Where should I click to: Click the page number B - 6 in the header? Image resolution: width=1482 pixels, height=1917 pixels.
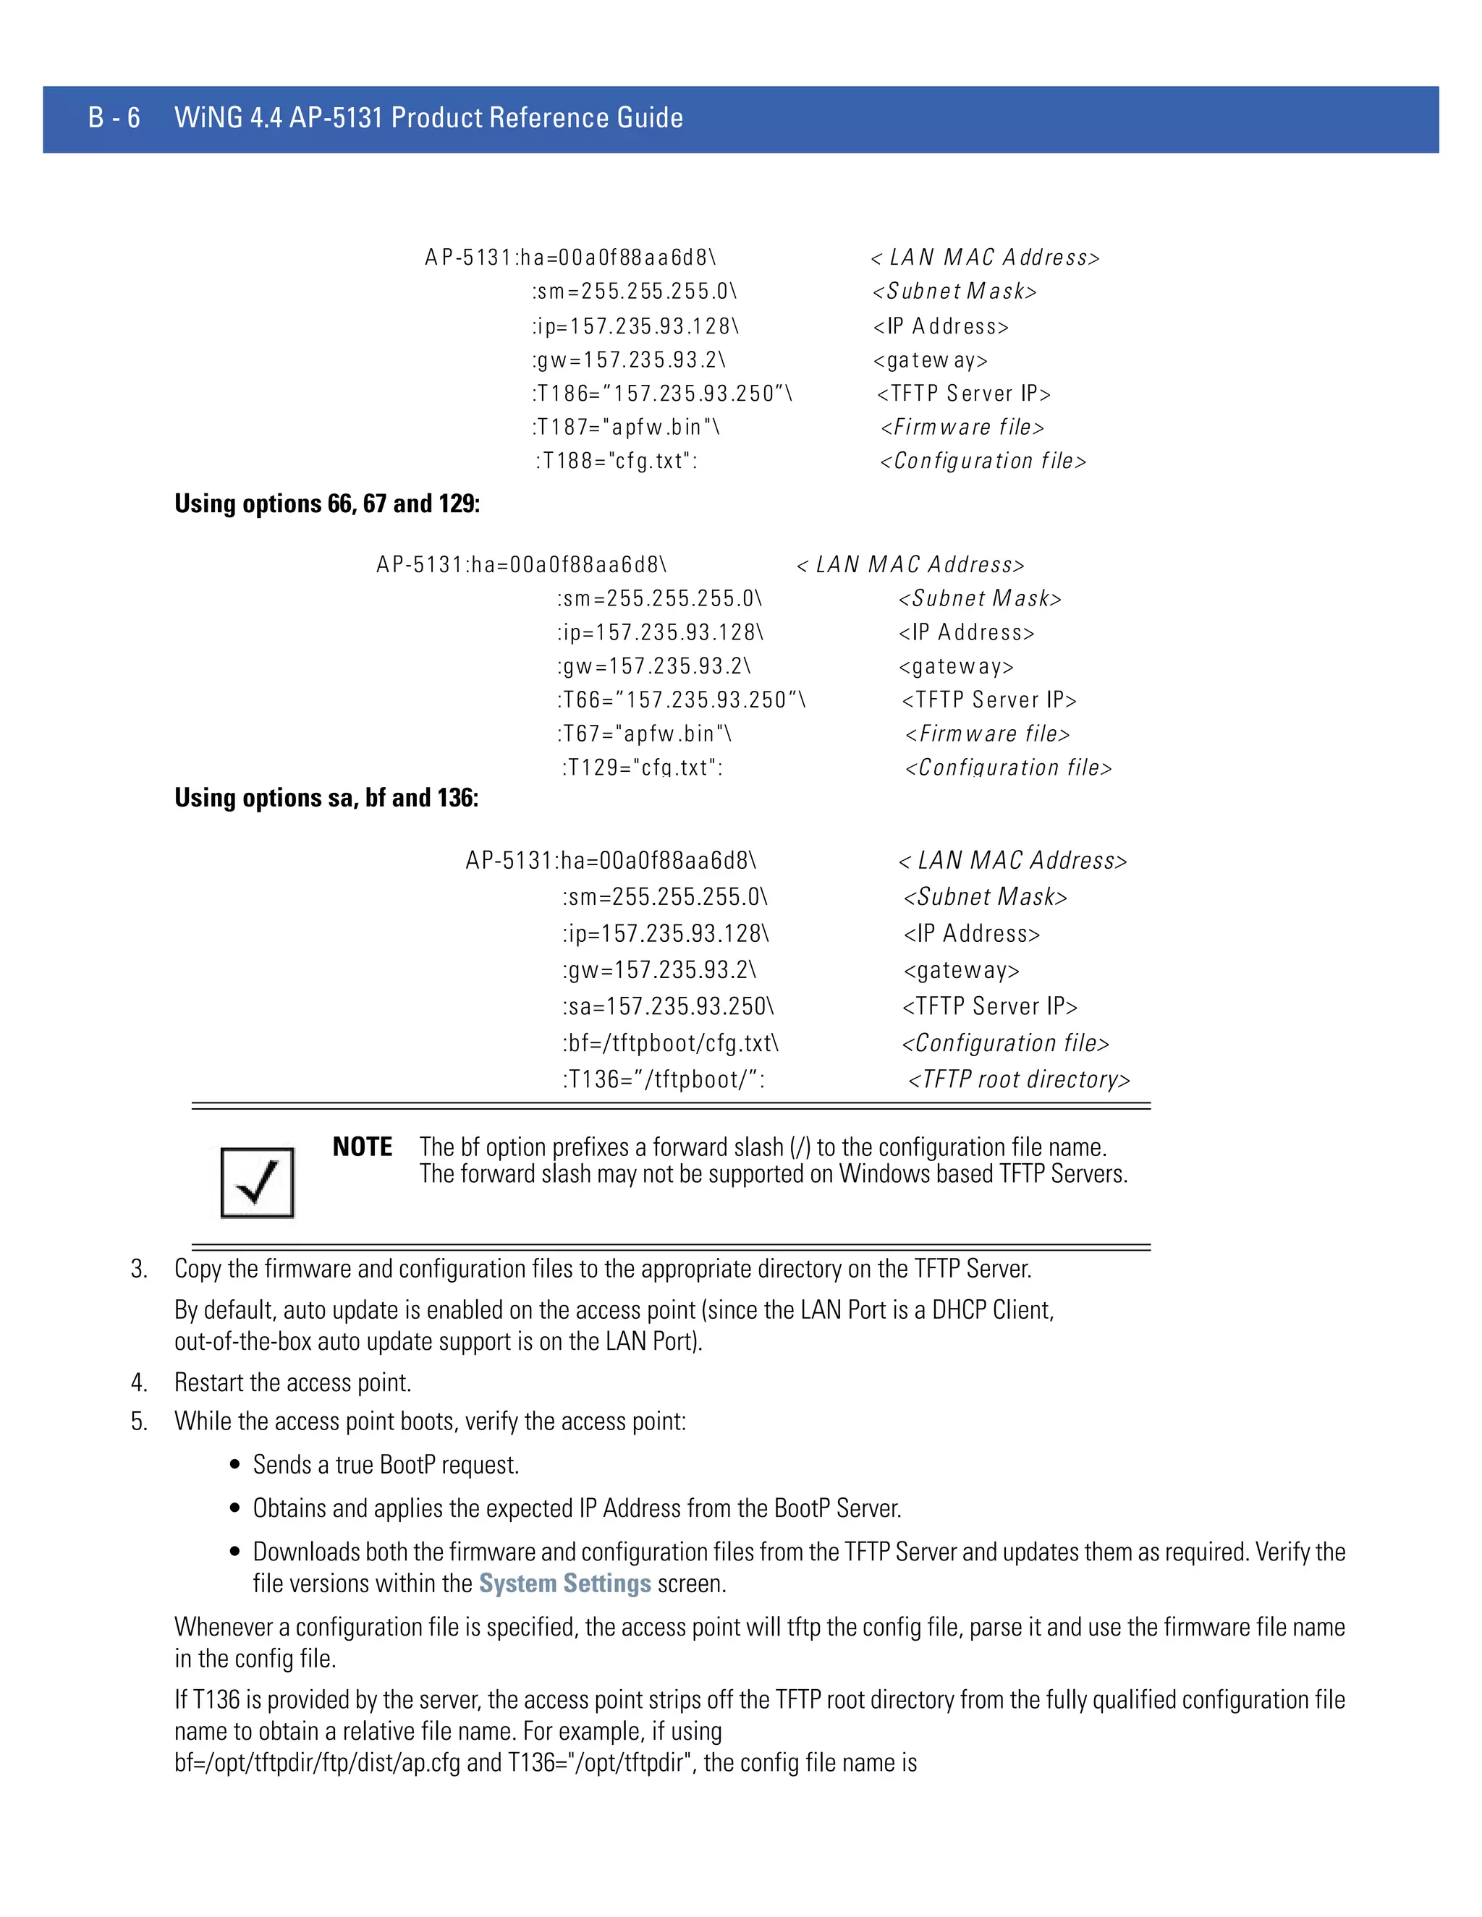pos(114,118)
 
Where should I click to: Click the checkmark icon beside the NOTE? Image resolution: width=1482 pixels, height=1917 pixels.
pos(257,1181)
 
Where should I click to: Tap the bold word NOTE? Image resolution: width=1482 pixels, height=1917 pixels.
pos(362,1147)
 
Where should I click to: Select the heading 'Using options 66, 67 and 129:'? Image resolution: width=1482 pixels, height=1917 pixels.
pos(326,503)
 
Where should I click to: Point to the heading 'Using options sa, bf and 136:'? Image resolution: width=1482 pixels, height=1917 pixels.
pos(326,798)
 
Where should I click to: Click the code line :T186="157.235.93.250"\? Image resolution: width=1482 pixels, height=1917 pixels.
pos(662,394)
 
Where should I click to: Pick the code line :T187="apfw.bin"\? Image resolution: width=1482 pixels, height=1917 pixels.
pos(626,428)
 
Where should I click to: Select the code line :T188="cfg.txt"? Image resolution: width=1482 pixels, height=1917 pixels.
pos(617,461)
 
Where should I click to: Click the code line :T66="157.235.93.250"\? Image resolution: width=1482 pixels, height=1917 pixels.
pos(681,700)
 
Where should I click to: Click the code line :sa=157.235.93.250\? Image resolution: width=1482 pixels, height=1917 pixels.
pos(668,1006)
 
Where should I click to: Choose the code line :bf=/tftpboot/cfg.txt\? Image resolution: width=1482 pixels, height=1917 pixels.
pos(671,1042)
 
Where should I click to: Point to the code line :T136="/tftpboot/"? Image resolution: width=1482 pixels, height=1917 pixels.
pos(664,1079)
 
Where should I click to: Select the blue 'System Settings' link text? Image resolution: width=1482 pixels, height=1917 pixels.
pos(564,1583)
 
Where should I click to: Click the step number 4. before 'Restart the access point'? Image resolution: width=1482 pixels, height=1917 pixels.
pos(139,1382)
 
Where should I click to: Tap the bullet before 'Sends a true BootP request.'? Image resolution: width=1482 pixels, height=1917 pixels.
pos(234,1464)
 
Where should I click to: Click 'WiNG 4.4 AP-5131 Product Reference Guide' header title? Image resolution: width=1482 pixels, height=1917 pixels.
pos(428,118)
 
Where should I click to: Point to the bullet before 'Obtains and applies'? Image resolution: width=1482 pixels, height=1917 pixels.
pos(234,1508)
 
